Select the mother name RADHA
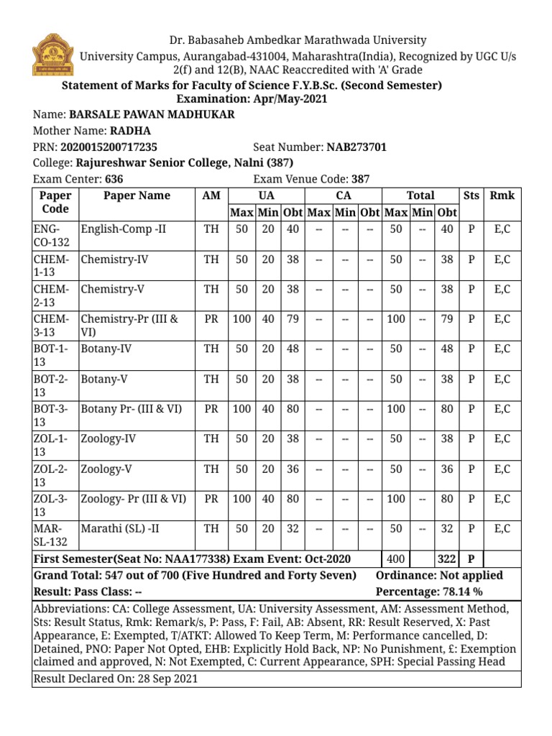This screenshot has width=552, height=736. click(130, 131)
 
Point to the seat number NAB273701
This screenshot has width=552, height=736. click(356, 147)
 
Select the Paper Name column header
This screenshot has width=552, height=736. click(137, 195)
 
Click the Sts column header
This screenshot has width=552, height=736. click(471, 195)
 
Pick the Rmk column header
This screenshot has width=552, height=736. click(502, 195)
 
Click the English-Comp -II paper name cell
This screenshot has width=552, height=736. click(124, 229)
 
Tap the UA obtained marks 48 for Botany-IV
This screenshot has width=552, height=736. click(293, 349)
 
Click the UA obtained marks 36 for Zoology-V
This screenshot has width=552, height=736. click(293, 469)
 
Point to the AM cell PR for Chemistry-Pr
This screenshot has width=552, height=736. click(211, 318)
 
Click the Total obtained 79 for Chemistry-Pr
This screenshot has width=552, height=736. click(446, 318)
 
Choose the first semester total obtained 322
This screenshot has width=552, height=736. click(446, 558)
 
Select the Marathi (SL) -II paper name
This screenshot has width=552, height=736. click(120, 528)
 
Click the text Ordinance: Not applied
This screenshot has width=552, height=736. click(439, 576)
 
